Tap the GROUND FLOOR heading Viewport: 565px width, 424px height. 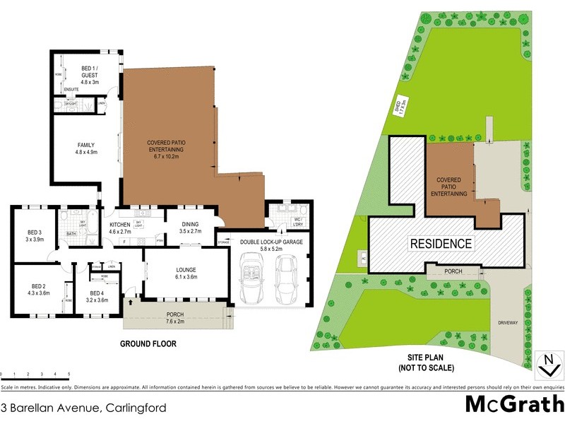(x=148, y=344)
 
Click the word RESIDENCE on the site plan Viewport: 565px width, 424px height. (x=441, y=244)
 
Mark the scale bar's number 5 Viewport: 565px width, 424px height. (x=69, y=373)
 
